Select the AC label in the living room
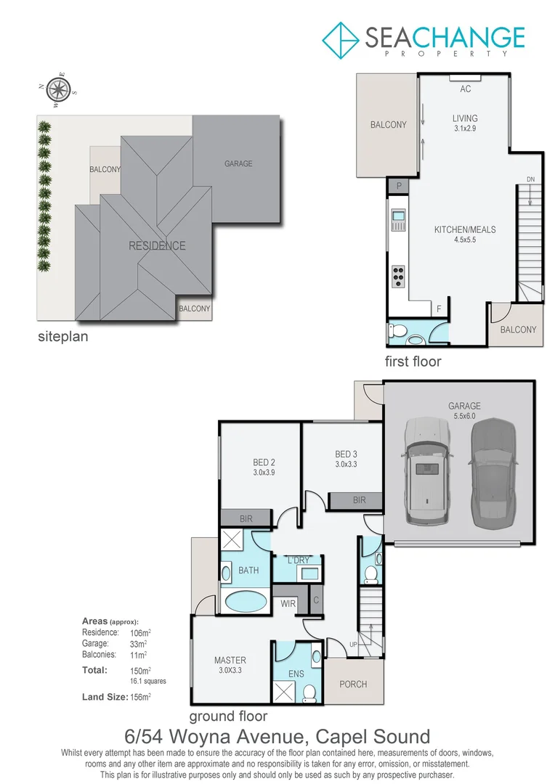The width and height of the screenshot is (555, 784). click(x=466, y=89)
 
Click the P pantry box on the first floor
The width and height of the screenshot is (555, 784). click(x=399, y=187)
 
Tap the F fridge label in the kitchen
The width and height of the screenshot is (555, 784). click(x=439, y=309)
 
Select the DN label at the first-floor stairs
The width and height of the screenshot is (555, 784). click(x=530, y=179)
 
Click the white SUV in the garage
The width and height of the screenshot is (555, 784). click(x=427, y=473)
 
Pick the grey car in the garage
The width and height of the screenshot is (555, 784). click(x=493, y=473)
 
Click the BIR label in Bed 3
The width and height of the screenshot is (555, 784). click(x=359, y=500)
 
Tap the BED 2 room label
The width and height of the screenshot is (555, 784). click(x=264, y=462)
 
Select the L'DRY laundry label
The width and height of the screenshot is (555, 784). click(x=299, y=560)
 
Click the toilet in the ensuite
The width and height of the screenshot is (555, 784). click(x=310, y=693)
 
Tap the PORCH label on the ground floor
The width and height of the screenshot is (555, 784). click(x=353, y=684)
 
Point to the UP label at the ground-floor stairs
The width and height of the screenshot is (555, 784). click(x=354, y=645)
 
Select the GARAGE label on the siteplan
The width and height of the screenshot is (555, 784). click(x=238, y=164)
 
